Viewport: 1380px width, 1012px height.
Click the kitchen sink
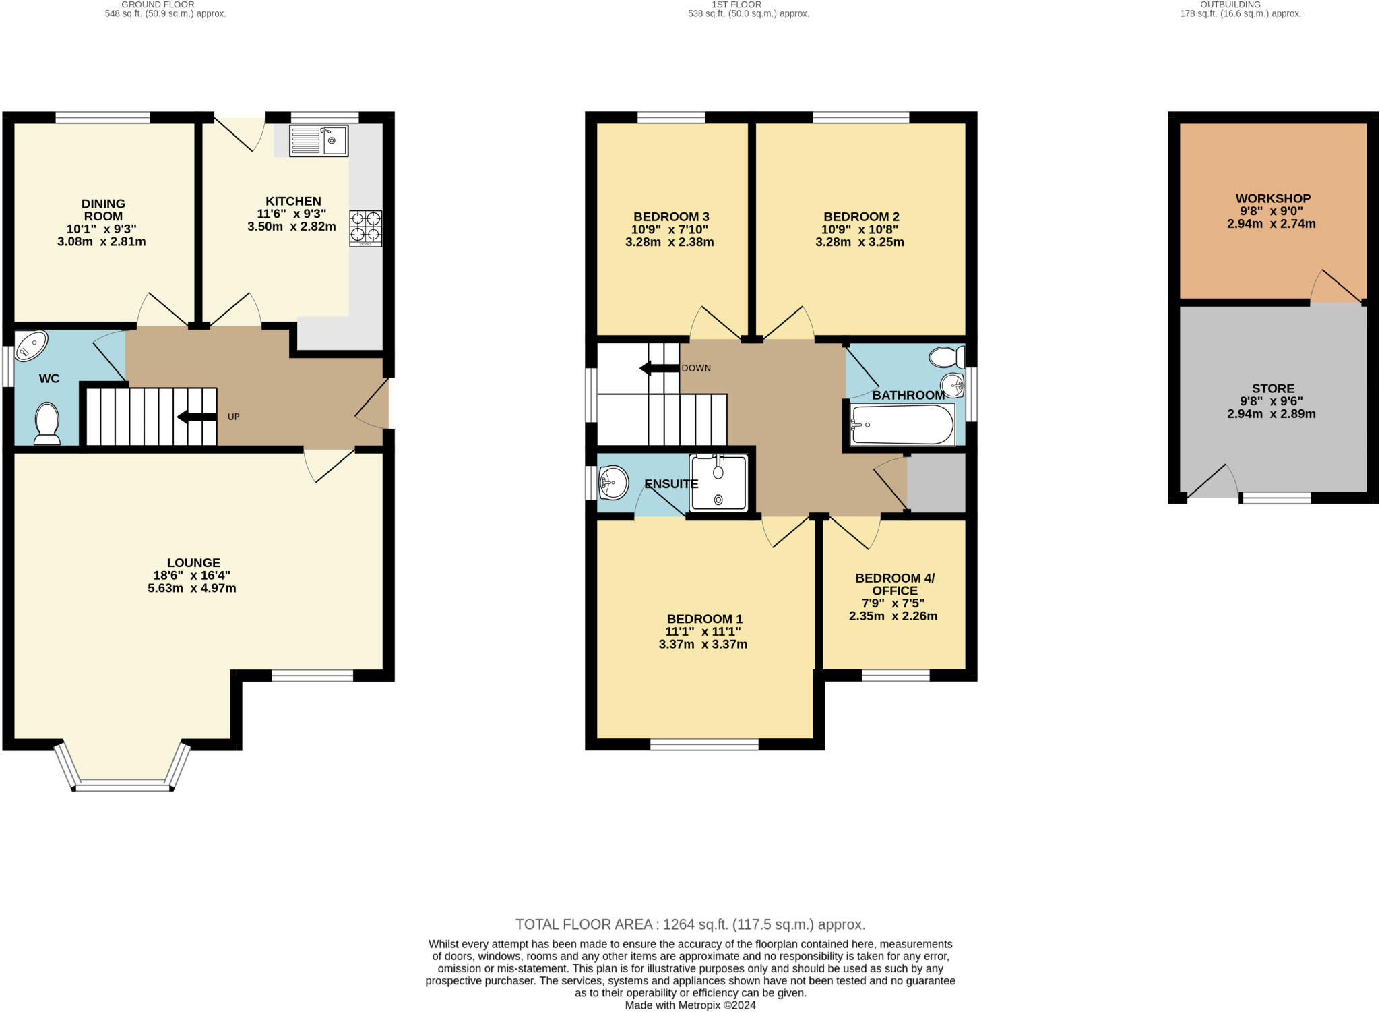[319, 141]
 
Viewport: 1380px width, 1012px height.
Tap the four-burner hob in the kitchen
[365, 228]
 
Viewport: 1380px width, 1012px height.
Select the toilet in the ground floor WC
[47, 423]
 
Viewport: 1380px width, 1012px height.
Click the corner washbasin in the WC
[30, 345]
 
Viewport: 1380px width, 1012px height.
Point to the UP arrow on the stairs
[196, 417]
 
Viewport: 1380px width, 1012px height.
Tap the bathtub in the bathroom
[902, 425]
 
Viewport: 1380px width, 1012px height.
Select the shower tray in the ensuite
[718, 483]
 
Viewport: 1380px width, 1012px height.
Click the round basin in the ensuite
[613, 482]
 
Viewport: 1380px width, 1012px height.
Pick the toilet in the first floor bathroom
[946, 357]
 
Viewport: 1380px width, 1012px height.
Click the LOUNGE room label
[193, 562]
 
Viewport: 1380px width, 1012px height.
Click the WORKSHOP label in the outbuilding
[1272, 198]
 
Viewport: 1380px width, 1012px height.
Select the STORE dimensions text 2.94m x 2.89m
[1271, 414]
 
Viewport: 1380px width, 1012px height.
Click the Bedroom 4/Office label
[894, 584]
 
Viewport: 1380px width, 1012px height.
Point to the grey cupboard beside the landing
[936, 482]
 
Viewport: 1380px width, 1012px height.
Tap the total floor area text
[689, 924]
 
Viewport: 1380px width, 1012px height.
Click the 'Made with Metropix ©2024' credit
[690, 1005]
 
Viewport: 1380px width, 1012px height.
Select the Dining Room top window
[102, 117]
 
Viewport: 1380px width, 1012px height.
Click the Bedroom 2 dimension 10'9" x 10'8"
[860, 229]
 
